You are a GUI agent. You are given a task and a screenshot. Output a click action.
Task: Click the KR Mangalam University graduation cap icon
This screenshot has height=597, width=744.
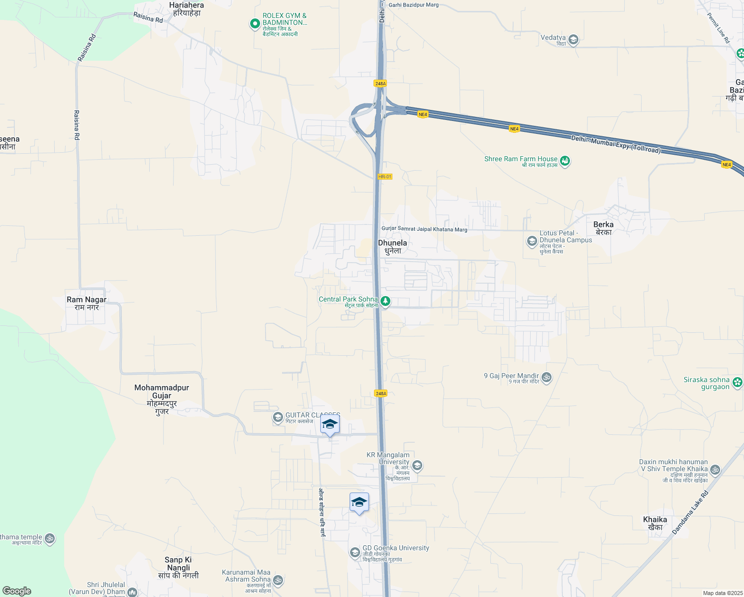[x=417, y=466]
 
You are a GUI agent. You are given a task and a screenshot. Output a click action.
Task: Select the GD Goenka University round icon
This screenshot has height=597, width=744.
[x=355, y=552]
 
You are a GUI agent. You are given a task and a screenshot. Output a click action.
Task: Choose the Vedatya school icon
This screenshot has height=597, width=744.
[x=573, y=40]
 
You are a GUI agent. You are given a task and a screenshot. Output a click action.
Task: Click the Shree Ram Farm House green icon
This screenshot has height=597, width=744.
[x=564, y=161]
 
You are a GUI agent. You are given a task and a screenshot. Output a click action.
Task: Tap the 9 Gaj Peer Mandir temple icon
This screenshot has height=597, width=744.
[x=546, y=378]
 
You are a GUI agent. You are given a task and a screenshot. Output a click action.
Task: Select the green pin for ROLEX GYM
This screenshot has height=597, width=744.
[x=255, y=23]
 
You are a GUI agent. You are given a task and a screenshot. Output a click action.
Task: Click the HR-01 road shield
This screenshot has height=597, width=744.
[x=384, y=177]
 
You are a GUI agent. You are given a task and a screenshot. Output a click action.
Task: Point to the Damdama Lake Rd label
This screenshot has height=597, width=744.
[x=690, y=513]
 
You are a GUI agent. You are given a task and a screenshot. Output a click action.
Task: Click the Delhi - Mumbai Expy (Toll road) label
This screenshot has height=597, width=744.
[x=616, y=144]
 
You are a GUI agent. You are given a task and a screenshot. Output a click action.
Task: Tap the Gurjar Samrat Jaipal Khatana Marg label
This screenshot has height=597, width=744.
[x=424, y=229]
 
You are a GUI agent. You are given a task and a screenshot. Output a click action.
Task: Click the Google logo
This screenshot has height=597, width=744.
[x=17, y=591]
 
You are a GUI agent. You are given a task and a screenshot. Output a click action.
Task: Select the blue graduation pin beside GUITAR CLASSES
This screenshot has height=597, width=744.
[x=330, y=425]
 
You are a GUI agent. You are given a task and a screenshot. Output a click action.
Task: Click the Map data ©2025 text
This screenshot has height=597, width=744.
[x=723, y=593]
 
